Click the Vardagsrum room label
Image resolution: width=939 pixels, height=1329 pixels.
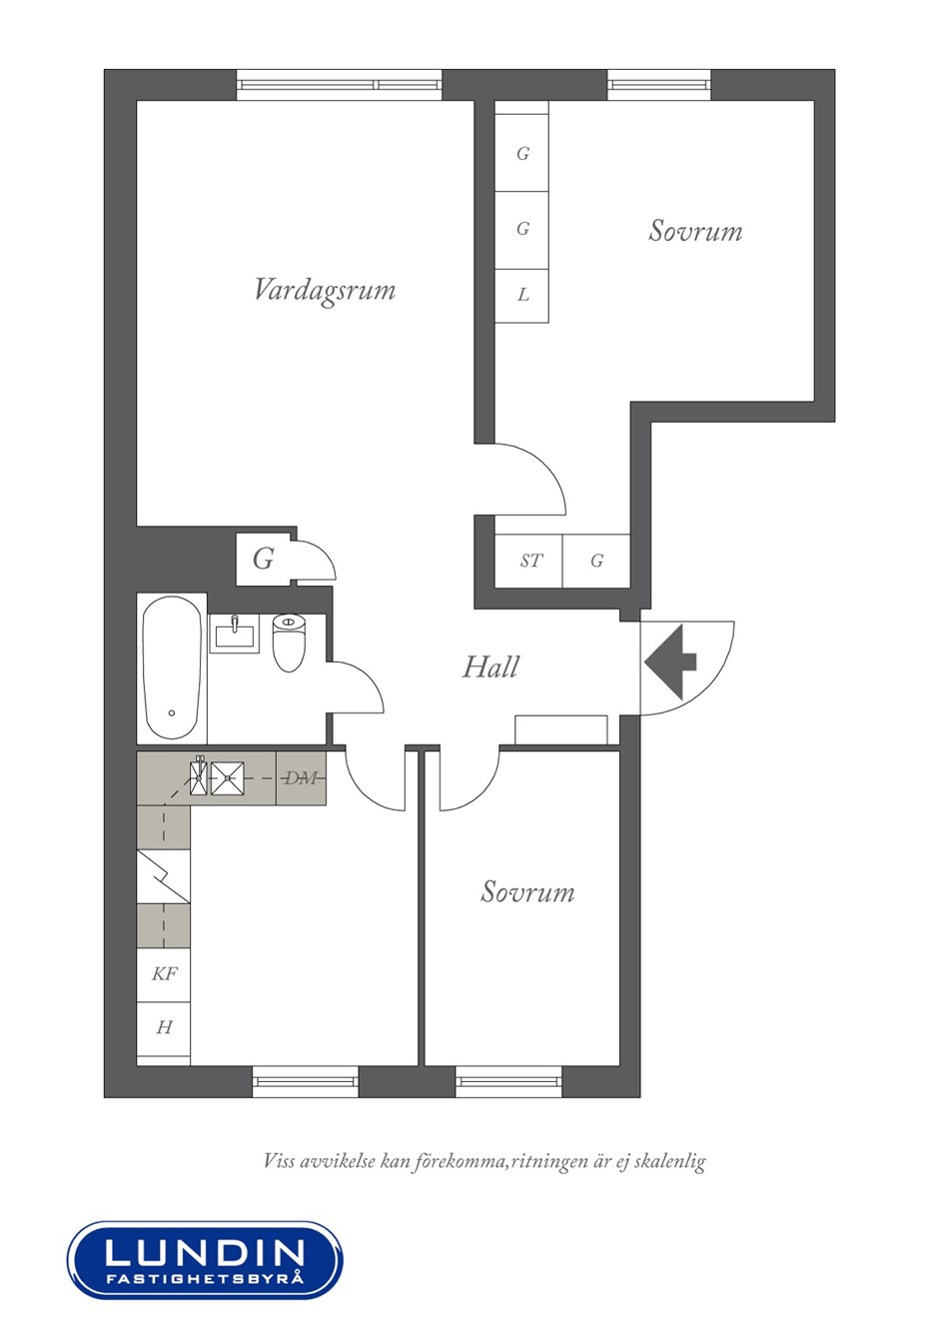(x=325, y=291)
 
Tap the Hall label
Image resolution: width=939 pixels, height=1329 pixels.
(x=490, y=666)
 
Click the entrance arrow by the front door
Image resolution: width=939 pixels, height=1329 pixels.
(x=670, y=662)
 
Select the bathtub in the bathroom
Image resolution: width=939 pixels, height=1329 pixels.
(x=172, y=667)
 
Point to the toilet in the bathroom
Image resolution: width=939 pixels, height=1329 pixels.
(x=289, y=643)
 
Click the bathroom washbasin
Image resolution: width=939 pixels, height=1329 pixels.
(x=235, y=634)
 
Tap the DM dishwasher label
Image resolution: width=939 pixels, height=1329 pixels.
(x=302, y=777)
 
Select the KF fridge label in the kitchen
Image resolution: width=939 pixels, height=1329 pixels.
(x=164, y=973)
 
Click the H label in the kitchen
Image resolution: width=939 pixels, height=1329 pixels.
(x=164, y=1027)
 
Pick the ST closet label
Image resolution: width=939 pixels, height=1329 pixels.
(x=530, y=560)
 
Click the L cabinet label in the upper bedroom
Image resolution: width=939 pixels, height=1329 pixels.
(x=522, y=294)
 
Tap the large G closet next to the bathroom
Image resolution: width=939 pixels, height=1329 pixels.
(x=264, y=559)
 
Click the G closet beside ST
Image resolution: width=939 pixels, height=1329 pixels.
(x=596, y=560)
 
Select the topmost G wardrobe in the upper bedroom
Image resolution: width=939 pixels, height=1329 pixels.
(x=522, y=153)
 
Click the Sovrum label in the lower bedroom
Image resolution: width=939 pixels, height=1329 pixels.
(x=527, y=891)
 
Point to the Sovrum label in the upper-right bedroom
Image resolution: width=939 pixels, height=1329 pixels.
(x=695, y=231)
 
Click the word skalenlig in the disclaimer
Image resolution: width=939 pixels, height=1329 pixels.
(x=670, y=1160)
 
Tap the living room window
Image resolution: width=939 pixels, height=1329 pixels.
(x=340, y=85)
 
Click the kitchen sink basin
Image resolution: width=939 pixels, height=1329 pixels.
(x=227, y=777)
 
